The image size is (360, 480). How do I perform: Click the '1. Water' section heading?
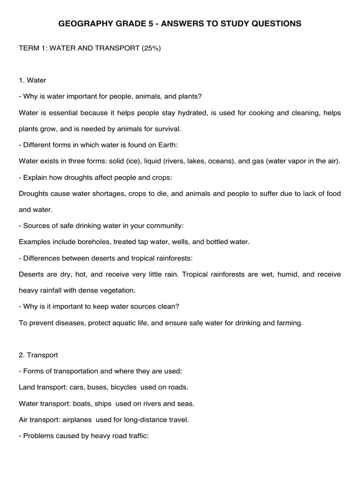pyautogui.click(x=33, y=80)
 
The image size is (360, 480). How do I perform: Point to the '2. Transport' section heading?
pyautogui.click(x=38, y=355)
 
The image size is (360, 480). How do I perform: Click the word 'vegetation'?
pyautogui.click(x=118, y=290)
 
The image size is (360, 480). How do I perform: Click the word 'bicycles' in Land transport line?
pyautogui.click(x=124, y=387)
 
